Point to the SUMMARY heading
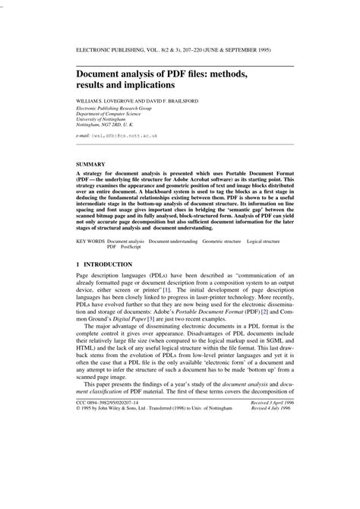click(x=90, y=163)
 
